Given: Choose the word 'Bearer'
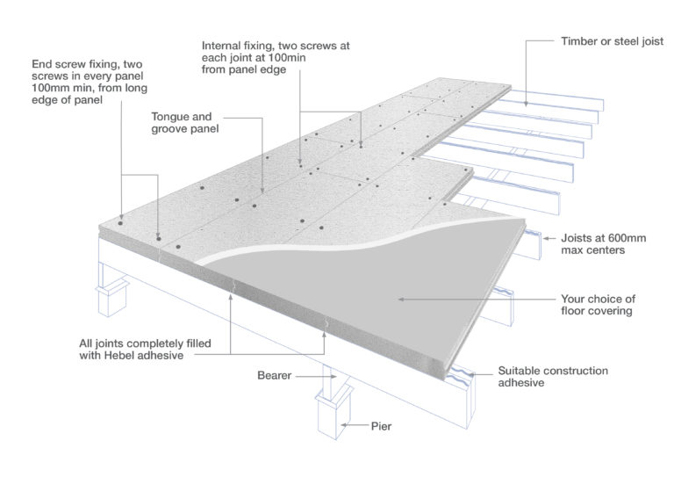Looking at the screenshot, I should pos(274,375).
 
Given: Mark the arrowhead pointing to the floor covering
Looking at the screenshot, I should pos(399,299).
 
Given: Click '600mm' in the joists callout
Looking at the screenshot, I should pos(613,237).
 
